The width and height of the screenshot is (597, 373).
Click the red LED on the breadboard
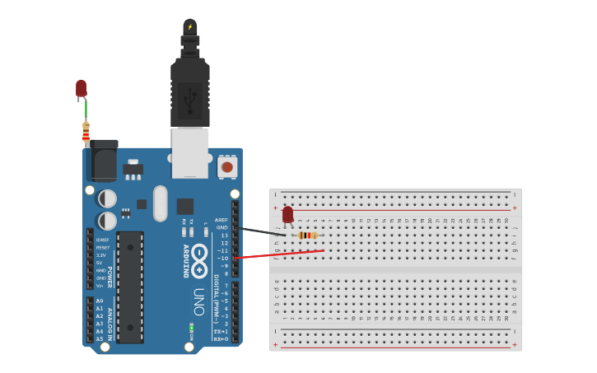pyautogui.click(x=287, y=215)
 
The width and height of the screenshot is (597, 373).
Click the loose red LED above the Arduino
pyautogui.click(x=81, y=87)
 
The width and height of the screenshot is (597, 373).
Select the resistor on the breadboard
pyautogui.click(x=307, y=235)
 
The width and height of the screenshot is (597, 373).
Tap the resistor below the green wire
pyautogui.click(x=86, y=133)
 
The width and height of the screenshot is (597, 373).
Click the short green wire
pyautogui.click(x=85, y=109)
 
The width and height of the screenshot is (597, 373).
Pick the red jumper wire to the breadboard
pyautogui.click(x=280, y=254)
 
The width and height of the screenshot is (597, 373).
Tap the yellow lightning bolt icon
pyautogui.click(x=190, y=26)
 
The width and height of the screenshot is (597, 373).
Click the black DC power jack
pyautogui.click(x=102, y=160)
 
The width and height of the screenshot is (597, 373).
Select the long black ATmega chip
pyautogui.click(x=130, y=287)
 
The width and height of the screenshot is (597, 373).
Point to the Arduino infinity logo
pyautogui.click(x=199, y=262)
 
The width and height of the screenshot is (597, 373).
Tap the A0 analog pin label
pyautogui.click(x=100, y=301)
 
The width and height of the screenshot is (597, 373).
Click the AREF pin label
pyautogui.click(x=222, y=220)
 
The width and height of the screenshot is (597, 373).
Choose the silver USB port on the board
pyautogui.click(x=190, y=152)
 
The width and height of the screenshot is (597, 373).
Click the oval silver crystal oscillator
pyautogui.click(x=160, y=203)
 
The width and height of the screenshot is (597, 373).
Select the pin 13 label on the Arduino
pyautogui.click(x=224, y=235)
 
